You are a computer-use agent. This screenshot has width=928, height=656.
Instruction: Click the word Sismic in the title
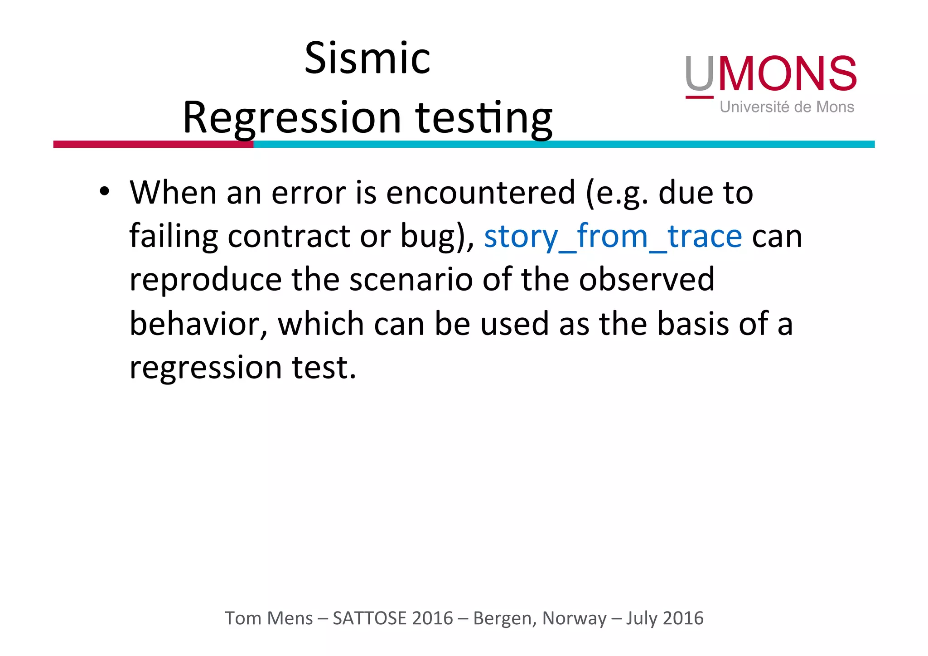coord(367,58)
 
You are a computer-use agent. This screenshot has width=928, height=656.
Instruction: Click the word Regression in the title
coord(292,118)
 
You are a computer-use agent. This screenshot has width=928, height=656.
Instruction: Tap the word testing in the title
coord(484,118)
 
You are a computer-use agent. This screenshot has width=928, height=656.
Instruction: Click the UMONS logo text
coord(770,74)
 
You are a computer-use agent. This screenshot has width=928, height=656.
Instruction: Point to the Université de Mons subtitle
coord(787,107)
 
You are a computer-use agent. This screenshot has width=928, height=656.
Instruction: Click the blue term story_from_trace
coord(613,236)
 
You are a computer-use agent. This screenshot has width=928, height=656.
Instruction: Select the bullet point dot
coord(105,192)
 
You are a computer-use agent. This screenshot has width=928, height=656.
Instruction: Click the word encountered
coord(480,193)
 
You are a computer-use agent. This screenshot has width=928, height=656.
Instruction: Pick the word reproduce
coord(205,280)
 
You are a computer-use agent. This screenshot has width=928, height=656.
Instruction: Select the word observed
coord(647,280)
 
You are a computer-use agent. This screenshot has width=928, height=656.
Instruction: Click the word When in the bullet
coord(173,193)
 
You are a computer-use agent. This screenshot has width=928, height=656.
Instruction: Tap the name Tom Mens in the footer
coord(269,618)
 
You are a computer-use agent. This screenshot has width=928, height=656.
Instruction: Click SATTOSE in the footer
coord(370,618)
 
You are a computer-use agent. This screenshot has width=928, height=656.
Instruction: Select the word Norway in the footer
coord(574,618)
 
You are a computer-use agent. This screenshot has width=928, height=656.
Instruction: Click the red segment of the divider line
coord(153,144)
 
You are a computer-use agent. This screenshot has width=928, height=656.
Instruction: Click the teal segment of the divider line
coord(564,144)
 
